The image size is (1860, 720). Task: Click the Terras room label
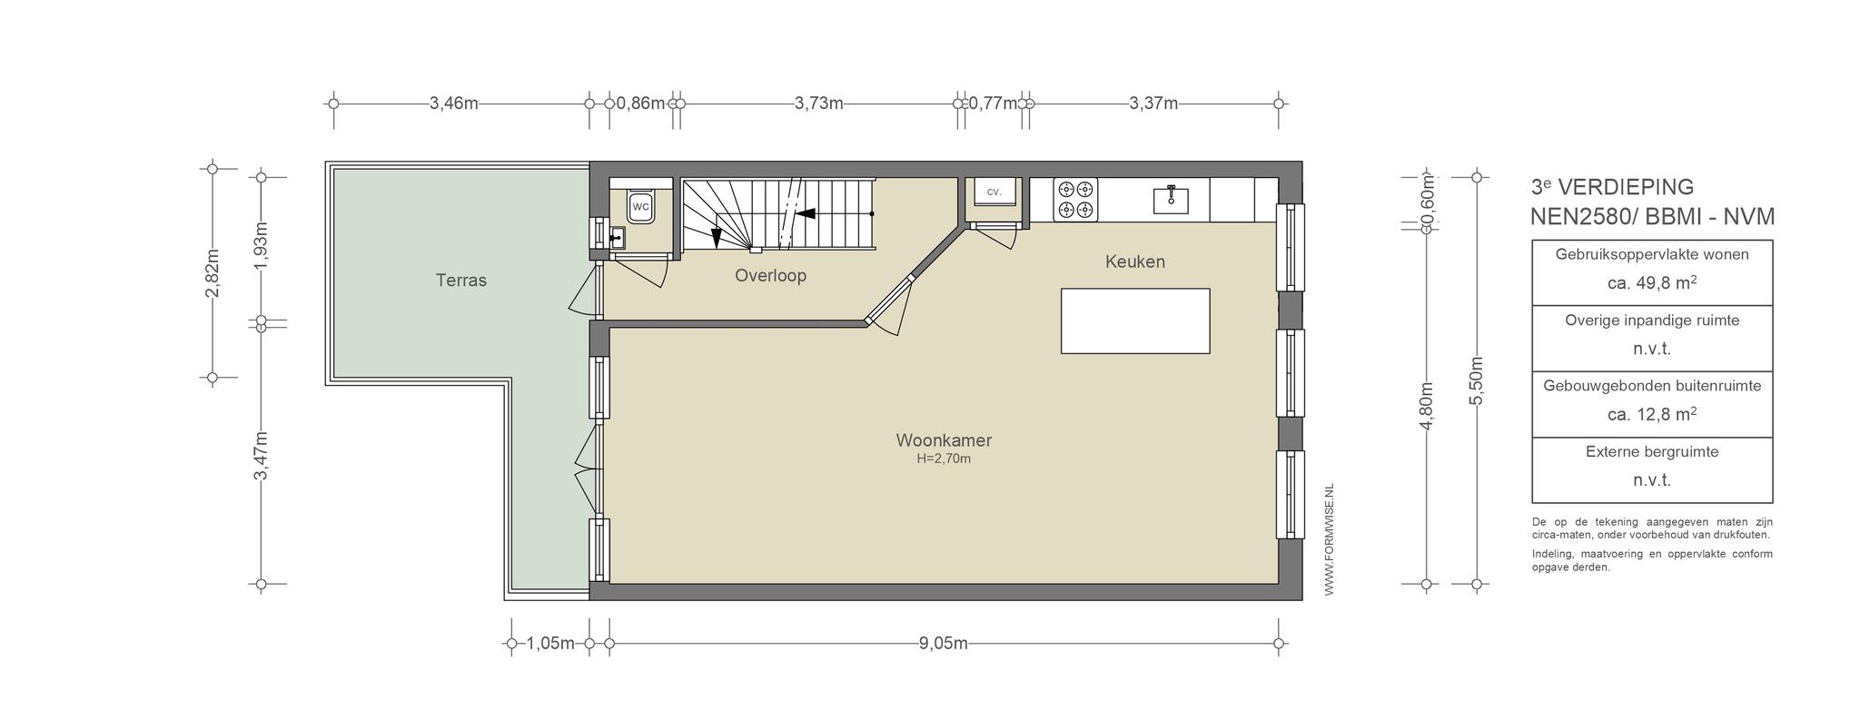pos(461,281)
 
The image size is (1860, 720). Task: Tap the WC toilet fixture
pos(641,207)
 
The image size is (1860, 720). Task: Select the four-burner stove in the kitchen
pos(1075,200)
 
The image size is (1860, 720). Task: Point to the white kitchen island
pos(1135,321)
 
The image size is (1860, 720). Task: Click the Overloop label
pos(770,275)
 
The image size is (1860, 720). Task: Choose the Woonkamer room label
pos(944,440)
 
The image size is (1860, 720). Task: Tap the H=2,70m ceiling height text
pos(944,459)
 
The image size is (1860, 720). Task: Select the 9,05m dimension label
pos(943,644)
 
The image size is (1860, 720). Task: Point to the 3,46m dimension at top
pos(454,104)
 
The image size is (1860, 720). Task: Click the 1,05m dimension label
pos(550,644)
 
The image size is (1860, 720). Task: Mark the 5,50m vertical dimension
pos(1476,381)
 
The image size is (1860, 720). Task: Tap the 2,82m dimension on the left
pos(213,273)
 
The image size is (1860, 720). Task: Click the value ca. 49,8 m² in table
pos(1652,282)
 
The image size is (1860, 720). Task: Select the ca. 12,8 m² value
pos(1652,414)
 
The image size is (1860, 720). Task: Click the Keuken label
pos(1135,261)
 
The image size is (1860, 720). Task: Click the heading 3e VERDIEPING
pos(1612,187)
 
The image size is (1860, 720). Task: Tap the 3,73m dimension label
pos(819,104)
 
